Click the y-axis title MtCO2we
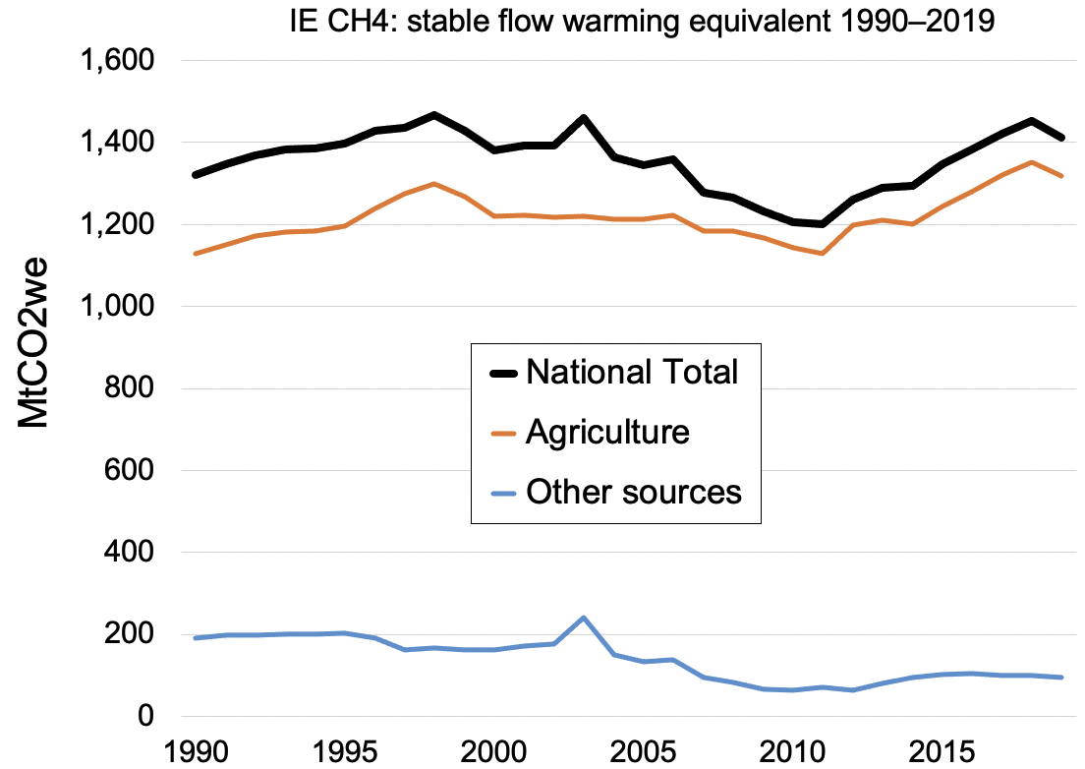tap(35, 339)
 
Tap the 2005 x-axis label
tap(643, 749)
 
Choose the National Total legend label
tap(632, 372)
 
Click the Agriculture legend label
tap(607, 432)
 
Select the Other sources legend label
tap(634, 491)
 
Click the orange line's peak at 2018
tap(1031, 162)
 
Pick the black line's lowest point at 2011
tap(821, 224)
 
